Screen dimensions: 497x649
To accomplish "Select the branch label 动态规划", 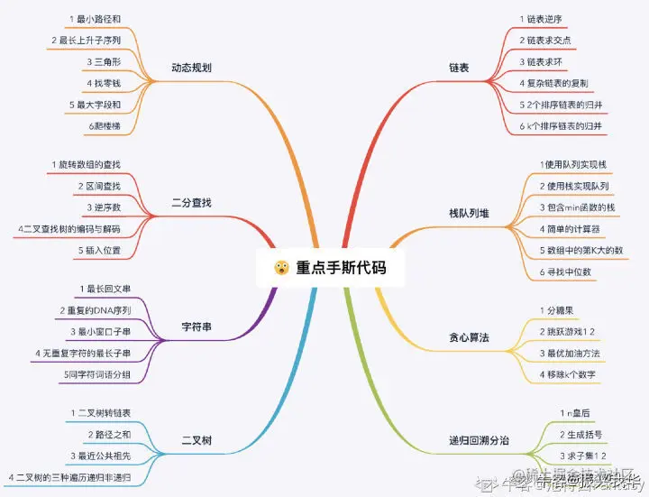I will [192, 68].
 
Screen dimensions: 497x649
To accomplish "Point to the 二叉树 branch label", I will [197, 441].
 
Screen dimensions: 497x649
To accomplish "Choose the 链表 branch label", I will [459, 68].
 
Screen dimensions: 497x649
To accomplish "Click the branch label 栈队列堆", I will [469, 213].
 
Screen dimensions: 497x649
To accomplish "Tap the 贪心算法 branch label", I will [469, 337].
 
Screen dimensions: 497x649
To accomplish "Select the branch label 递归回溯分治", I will [479, 441].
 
